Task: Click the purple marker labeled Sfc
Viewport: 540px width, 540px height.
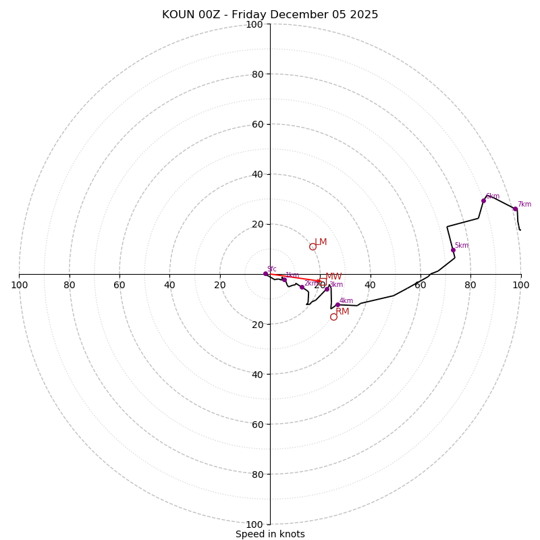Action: click(265, 273)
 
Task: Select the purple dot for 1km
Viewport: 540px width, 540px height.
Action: click(284, 279)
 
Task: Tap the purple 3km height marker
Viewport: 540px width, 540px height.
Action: click(327, 289)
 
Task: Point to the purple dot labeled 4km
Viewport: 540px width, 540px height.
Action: click(337, 304)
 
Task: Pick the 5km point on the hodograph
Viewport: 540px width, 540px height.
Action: click(453, 250)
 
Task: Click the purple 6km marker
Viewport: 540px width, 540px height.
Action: click(483, 200)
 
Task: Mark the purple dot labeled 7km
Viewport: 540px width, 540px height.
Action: click(515, 209)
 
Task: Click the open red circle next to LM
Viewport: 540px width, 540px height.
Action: click(313, 246)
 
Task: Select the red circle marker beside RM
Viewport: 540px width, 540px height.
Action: click(333, 317)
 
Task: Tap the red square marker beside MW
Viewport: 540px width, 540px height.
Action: click(323, 277)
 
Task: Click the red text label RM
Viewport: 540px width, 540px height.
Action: click(342, 312)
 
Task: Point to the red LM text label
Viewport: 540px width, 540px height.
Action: click(321, 242)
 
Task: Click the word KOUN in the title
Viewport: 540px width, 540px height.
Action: click(177, 15)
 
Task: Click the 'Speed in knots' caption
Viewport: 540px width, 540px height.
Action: click(270, 534)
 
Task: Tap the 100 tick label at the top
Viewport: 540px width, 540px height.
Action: click(254, 24)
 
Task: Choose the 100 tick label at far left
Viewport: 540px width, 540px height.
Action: click(19, 285)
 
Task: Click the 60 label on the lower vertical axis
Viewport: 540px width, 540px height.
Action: click(257, 424)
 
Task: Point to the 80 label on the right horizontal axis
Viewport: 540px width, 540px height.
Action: click(470, 285)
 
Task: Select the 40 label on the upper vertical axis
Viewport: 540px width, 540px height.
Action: click(257, 174)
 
